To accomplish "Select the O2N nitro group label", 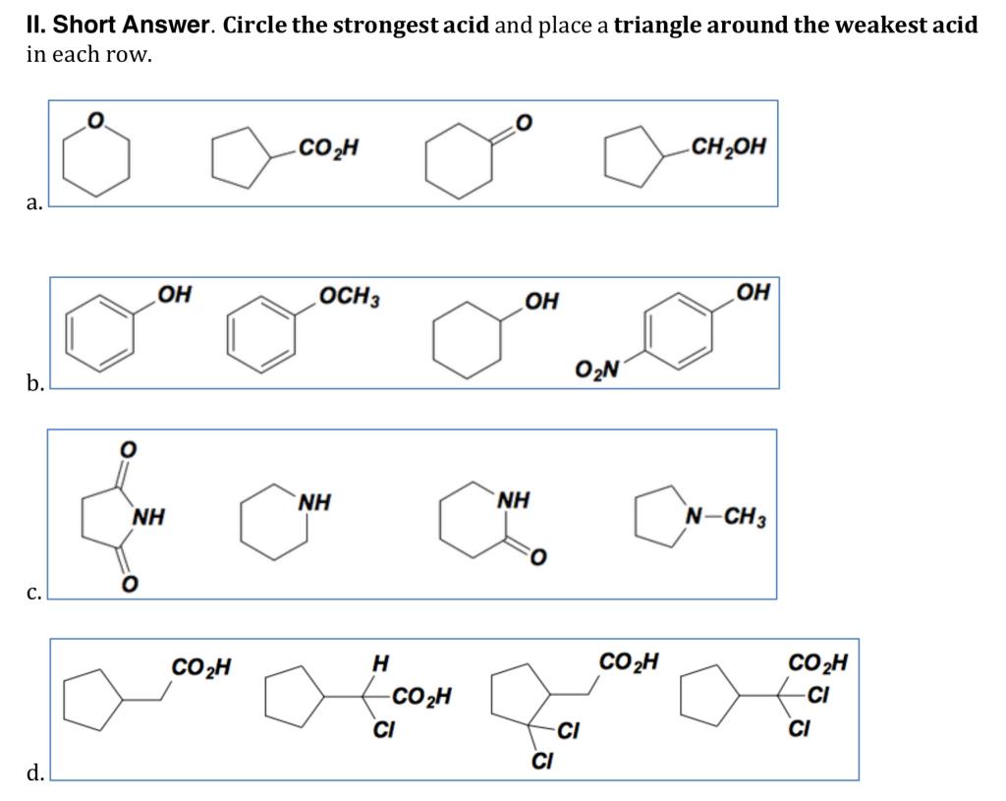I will pyautogui.click(x=595, y=371).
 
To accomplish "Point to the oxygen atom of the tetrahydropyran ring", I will pyautogui.click(x=95, y=122).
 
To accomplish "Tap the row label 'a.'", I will pyautogui.click(x=34, y=202).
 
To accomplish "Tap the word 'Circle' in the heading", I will pyautogui.click(x=255, y=26).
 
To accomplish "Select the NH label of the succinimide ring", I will pyautogui.click(x=149, y=515).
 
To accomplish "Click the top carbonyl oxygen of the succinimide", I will pyautogui.click(x=126, y=448).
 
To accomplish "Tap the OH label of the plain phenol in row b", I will pyautogui.click(x=175, y=295).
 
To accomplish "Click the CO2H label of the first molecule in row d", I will pyautogui.click(x=201, y=668).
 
